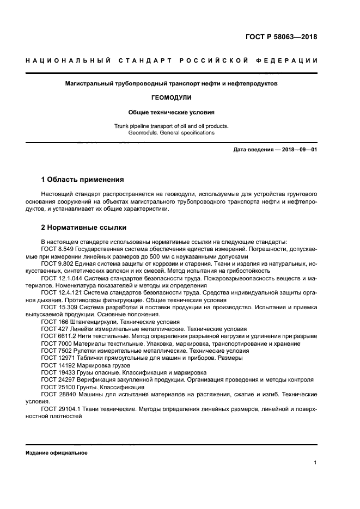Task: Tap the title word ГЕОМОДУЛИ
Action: click(x=171, y=98)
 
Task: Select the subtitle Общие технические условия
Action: click(x=171, y=113)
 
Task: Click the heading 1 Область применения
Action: click(x=82, y=179)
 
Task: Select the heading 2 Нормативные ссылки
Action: click(x=84, y=227)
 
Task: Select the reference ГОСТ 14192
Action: click(x=57, y=366)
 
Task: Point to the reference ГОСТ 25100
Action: click(x=57, y=388)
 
